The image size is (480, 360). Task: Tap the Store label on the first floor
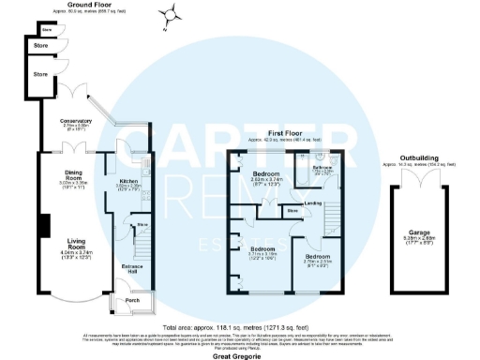tap(292, 211)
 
